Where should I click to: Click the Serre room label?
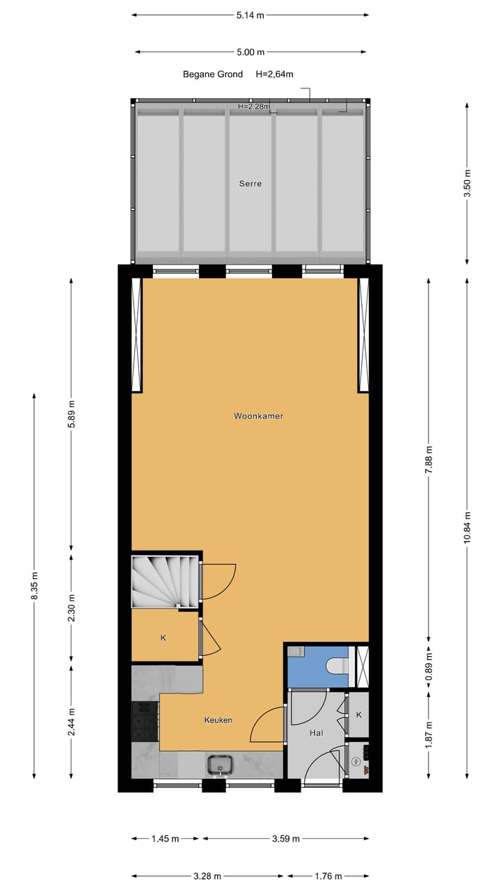251,184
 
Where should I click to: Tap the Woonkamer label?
258,416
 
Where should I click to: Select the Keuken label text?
218,720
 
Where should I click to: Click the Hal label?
317,733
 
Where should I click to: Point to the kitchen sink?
221,765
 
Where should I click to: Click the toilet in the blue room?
337,666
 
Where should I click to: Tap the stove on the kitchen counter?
145,720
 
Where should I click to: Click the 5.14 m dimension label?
250,15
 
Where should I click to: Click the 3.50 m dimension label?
468,183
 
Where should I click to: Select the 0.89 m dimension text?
429,665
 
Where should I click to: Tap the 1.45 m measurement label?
165,839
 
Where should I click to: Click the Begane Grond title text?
213,74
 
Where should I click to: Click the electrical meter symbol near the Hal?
358,762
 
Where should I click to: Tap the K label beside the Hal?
359,715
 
